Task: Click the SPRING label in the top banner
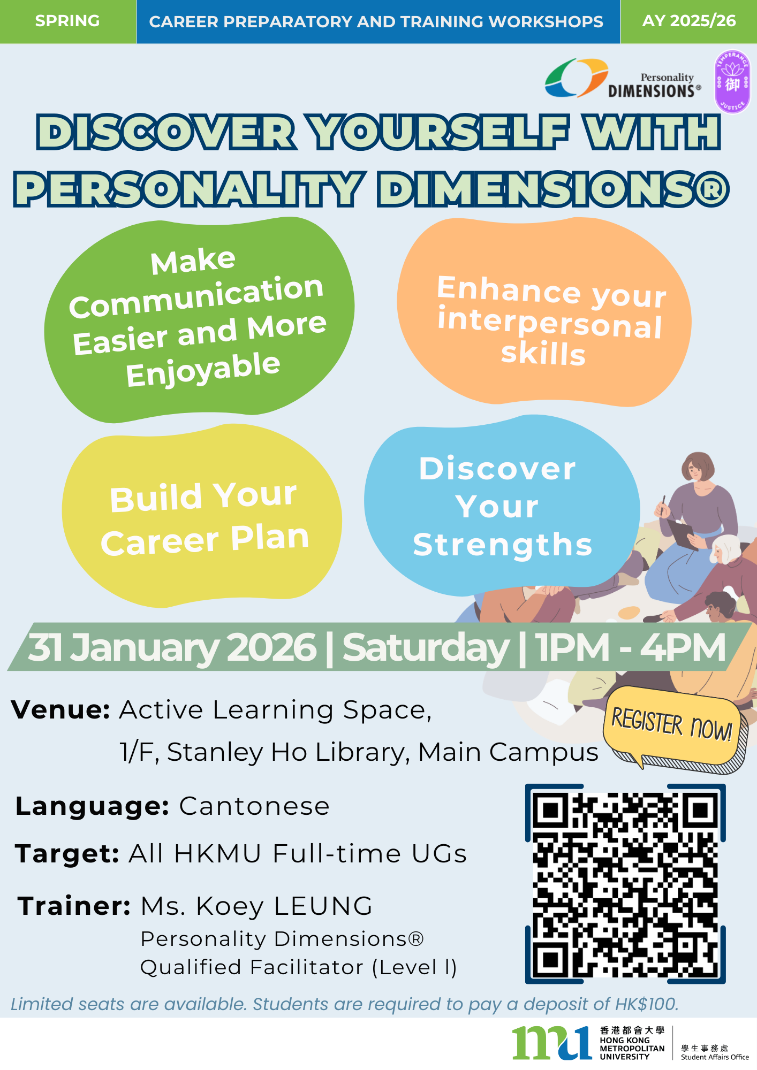[x=67, y=21]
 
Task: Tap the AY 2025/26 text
[x=689, y=21]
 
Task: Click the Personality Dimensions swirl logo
[x=576, y=78]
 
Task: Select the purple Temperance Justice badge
[x=732, y=82]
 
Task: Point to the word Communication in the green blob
[x=196, y=296]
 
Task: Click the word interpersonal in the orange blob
[x=550, y=323]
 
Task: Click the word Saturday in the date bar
[x=426, y=648]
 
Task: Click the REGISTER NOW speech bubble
[x=675, y=729]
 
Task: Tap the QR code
[x=625, y=884]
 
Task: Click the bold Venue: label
[x=60, y=710]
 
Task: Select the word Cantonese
[x=254, y=806]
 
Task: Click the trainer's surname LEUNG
[x=323, y=906]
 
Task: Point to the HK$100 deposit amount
[x=647, y=1004]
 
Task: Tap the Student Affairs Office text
[x=715, y=1057]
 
